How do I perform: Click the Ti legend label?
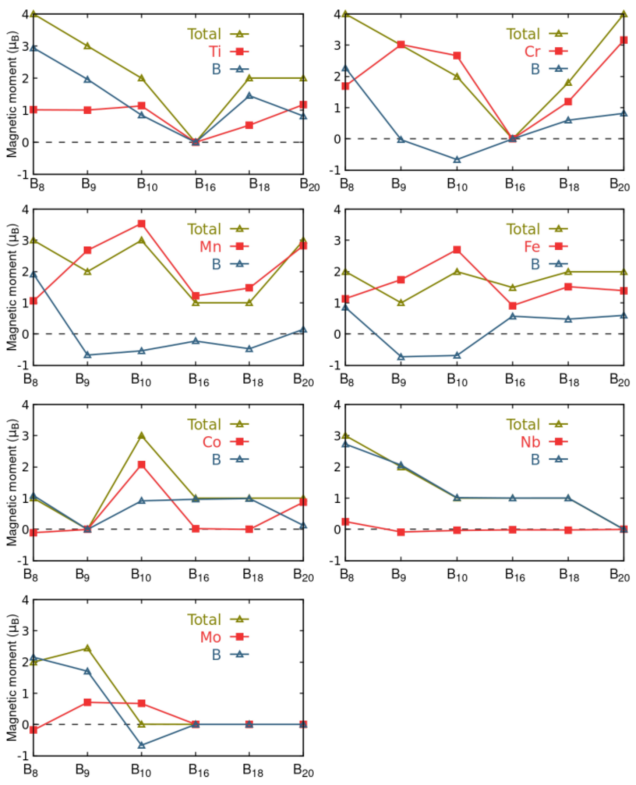215,52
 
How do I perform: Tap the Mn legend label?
210,247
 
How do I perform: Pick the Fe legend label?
532,247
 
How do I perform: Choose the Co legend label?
212,442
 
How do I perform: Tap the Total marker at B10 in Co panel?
141,436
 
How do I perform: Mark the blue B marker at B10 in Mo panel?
141,745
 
